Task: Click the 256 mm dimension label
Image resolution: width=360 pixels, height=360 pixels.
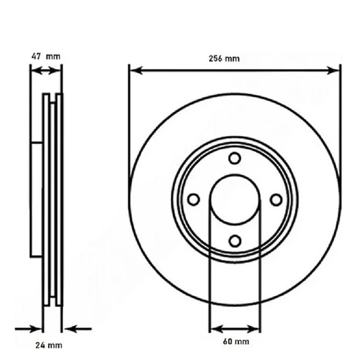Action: (224, 59)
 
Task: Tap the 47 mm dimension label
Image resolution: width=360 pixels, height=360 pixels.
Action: (46, 57)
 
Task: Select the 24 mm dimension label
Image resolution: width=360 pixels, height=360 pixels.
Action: (49, 345)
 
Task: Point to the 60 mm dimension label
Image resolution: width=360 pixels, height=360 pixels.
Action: (236, 342)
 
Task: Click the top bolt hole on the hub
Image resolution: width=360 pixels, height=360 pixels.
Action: (234, 158)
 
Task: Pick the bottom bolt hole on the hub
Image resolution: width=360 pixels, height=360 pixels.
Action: (234, 241)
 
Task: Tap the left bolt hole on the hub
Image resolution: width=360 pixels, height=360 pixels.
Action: (193, 199)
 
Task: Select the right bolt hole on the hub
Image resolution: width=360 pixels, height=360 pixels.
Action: (276, 199)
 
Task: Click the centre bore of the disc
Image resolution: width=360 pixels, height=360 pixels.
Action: (234, 199)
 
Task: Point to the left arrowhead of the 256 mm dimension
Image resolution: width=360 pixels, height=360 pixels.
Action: (136, 71)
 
